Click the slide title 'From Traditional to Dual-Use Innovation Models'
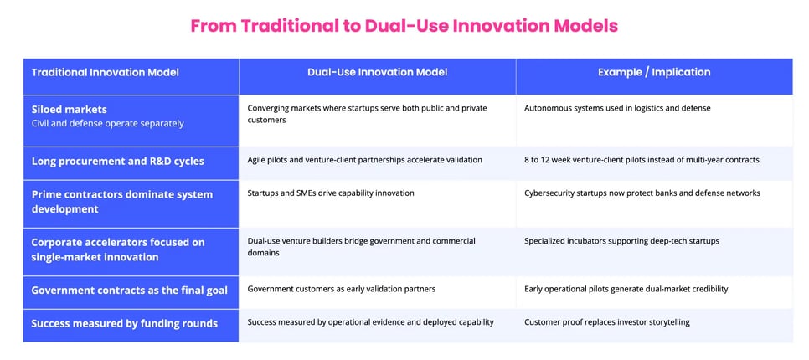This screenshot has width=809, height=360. tap(404, 26)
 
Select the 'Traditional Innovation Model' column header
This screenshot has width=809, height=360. tap(105, 73)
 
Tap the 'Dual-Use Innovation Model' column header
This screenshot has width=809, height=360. tap(377, 73)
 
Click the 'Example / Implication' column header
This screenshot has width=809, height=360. tap(654, 73)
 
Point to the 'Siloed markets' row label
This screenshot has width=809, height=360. tap(69, 110)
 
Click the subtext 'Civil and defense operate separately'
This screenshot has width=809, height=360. tap(107, 124)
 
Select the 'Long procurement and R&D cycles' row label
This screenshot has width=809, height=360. tap(117, 161)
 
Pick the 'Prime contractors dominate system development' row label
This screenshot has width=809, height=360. tap(121, 202)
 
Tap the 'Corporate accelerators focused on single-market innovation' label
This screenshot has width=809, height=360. tap(117, 249)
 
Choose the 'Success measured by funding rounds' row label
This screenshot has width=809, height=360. tap(124, 322)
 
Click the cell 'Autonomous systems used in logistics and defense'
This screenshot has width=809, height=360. tap(617, 108)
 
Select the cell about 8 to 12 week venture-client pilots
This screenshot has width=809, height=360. tap(642, 160)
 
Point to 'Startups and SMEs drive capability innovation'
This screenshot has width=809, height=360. tap(331, 193)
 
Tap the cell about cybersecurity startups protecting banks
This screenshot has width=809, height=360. tap(642, 193)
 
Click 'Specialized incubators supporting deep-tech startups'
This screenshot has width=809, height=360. tap(621, 241)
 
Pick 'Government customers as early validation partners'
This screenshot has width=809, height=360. tap(341, 289)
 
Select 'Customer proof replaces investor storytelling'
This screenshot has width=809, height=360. tap(606, 322)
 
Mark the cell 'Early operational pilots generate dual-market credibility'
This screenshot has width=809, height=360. tap(626, 289)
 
